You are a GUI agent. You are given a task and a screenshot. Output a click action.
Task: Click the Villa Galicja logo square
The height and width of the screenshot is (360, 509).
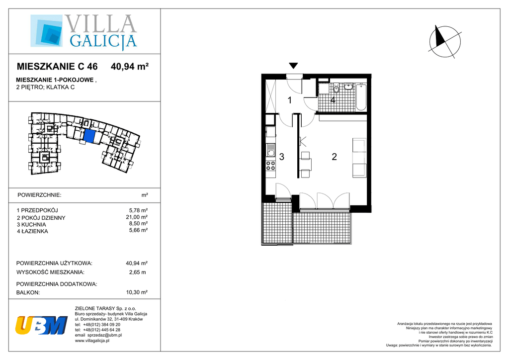(46, 30)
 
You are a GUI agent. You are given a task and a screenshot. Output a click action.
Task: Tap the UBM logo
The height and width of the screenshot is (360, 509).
(41, 325)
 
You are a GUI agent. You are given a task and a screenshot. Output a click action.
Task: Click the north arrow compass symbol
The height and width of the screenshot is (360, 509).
(444, 42)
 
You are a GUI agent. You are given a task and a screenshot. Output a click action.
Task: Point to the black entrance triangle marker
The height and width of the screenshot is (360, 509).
(293, 66)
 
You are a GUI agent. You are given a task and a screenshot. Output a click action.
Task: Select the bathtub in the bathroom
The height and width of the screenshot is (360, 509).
(361, 97)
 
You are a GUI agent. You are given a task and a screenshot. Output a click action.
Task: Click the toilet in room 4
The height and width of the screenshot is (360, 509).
(336, 88)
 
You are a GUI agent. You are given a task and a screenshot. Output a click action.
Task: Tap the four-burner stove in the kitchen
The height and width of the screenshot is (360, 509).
(270, 166)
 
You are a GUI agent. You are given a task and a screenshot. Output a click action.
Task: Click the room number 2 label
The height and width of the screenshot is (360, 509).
(334, 157)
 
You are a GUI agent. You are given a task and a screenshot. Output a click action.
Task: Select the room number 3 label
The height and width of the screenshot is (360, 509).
(282, 157)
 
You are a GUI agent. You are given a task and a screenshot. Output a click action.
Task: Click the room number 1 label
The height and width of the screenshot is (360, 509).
(290, 100)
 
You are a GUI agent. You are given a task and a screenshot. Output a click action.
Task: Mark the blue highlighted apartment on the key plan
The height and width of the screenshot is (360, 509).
(89, 136)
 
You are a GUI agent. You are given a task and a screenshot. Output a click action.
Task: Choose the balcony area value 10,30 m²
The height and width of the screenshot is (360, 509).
(137, 292)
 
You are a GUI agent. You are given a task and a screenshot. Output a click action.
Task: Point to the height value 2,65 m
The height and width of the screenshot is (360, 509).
(137, 272)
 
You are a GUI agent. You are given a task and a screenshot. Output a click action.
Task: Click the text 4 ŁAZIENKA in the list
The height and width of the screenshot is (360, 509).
(32, 231)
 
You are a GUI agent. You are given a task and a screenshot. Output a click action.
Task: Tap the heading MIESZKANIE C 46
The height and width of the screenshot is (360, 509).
(57, 67)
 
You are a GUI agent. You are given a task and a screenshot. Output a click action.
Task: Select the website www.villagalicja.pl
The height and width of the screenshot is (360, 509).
(92, 341)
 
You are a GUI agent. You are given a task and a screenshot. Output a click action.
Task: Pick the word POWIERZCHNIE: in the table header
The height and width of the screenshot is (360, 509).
(39, 195)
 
